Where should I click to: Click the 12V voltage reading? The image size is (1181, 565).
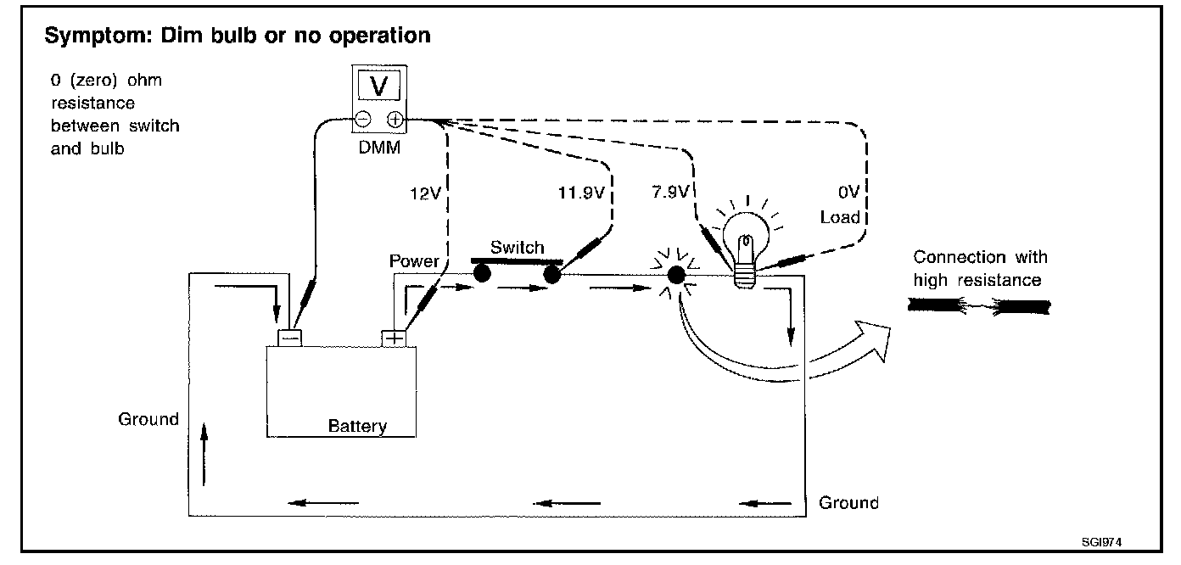(425, 194)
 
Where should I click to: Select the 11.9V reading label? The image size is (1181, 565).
(581, 193)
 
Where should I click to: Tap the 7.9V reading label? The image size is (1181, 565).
(670, 192)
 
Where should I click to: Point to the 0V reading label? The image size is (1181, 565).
(848, 192)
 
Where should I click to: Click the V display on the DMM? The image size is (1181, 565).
(379, 86)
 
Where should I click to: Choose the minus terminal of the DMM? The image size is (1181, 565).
(363, 119)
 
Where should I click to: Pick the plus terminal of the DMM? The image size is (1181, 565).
(395, 120)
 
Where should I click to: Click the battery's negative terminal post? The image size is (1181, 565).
(290, 338)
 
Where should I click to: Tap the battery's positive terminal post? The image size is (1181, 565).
(394, 338)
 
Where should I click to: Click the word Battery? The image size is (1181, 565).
(357, 426)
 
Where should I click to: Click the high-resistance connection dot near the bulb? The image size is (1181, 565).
(676, 275)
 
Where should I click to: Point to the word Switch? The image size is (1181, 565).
(518, 247)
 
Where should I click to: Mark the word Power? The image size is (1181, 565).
(414, 261)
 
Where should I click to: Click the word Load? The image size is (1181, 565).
(840, 217)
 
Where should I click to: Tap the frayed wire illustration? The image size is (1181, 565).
(979, 306)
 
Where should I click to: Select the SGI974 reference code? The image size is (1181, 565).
(1101, 542)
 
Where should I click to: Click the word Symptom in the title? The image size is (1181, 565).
(98, 36)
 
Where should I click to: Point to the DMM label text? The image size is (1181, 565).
(379, 148)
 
